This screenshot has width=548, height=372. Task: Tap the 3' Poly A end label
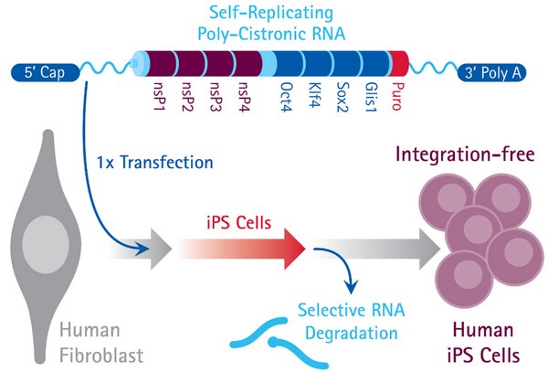(x=499, y=70)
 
